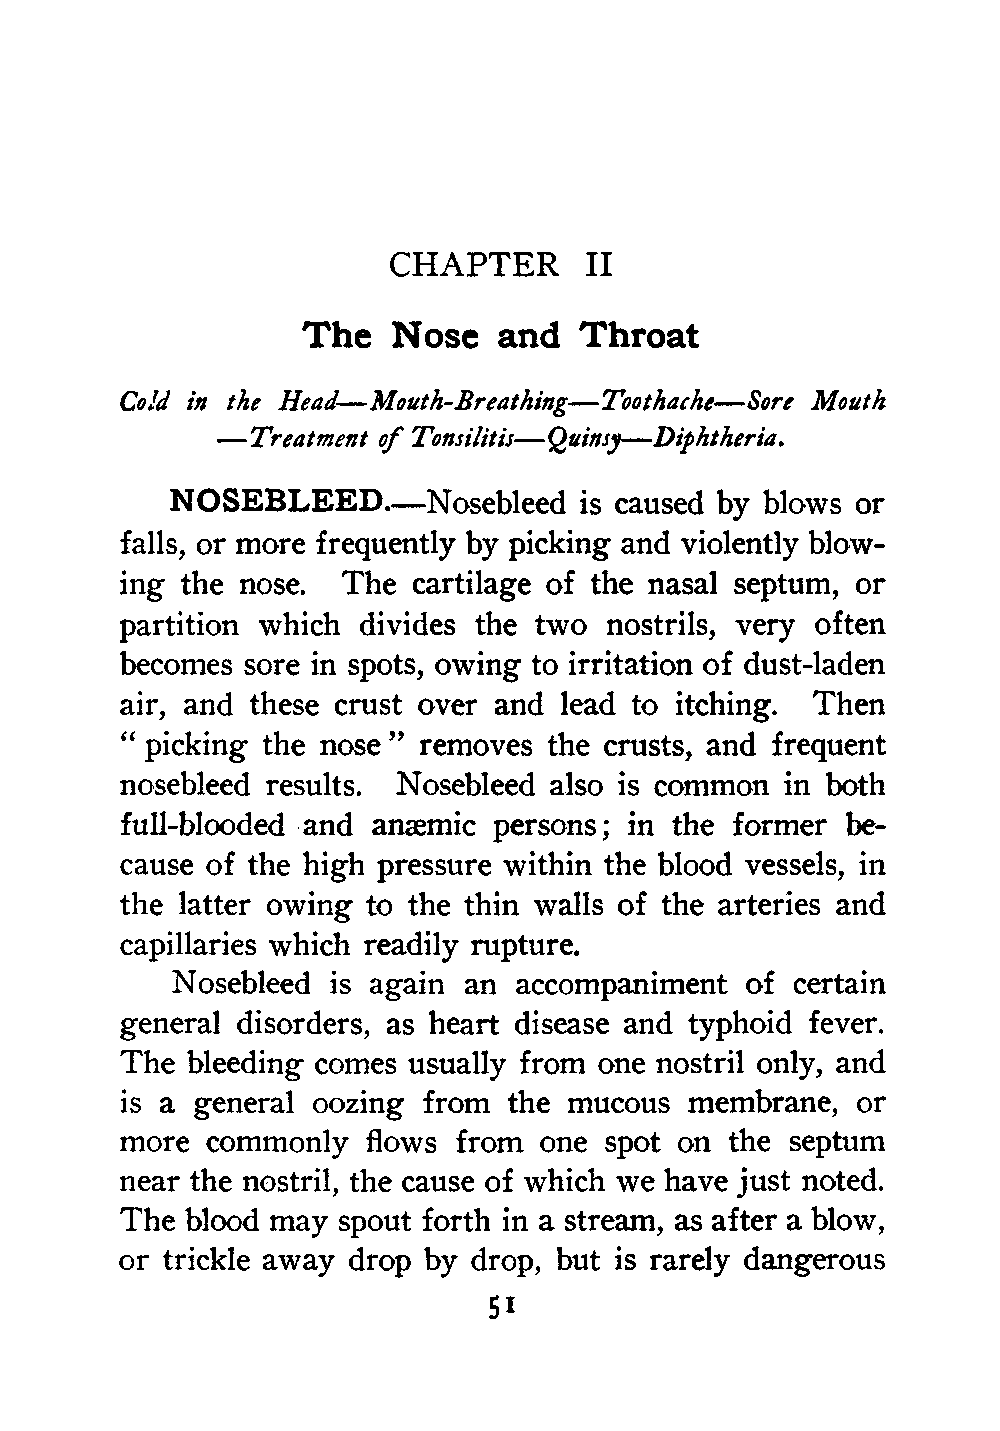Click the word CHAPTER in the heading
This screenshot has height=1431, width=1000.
(473, 265)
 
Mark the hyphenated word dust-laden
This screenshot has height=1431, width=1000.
(807, 664)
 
